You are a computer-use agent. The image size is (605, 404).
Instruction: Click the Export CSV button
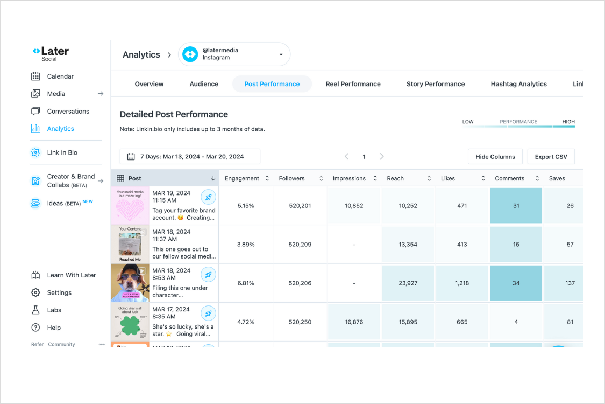(551, 157)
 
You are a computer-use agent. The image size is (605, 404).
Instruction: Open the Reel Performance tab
(353, 84)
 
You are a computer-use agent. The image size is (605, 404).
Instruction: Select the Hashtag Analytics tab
(518, 84)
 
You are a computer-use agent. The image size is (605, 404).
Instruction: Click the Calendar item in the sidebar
(60, 76)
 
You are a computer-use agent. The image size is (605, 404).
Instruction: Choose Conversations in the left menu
(68, 112)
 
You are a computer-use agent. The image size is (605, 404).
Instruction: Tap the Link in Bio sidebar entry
(62, 152)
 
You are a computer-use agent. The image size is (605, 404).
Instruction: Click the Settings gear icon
(35, 292)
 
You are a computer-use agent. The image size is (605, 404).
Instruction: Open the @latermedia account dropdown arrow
(281, 54)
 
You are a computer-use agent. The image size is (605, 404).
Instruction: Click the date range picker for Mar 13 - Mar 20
(190, 157)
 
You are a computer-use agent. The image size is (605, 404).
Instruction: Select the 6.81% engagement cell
(245, 283)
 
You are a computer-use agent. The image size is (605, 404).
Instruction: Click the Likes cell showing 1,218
(462, 283)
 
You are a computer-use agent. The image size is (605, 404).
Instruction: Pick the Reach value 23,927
(408, 283)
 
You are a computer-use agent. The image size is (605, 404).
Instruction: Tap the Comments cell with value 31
(516, 206)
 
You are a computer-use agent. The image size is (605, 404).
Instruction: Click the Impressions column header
(349, 178)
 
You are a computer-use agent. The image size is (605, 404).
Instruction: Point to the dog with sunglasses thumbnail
(130, 283)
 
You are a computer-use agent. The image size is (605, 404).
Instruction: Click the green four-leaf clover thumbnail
(130, 322)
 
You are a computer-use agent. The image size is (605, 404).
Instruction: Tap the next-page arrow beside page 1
(382, 157)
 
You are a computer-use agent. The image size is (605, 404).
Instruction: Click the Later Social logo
(51, 53)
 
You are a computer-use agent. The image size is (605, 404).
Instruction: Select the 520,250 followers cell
(300, 322)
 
